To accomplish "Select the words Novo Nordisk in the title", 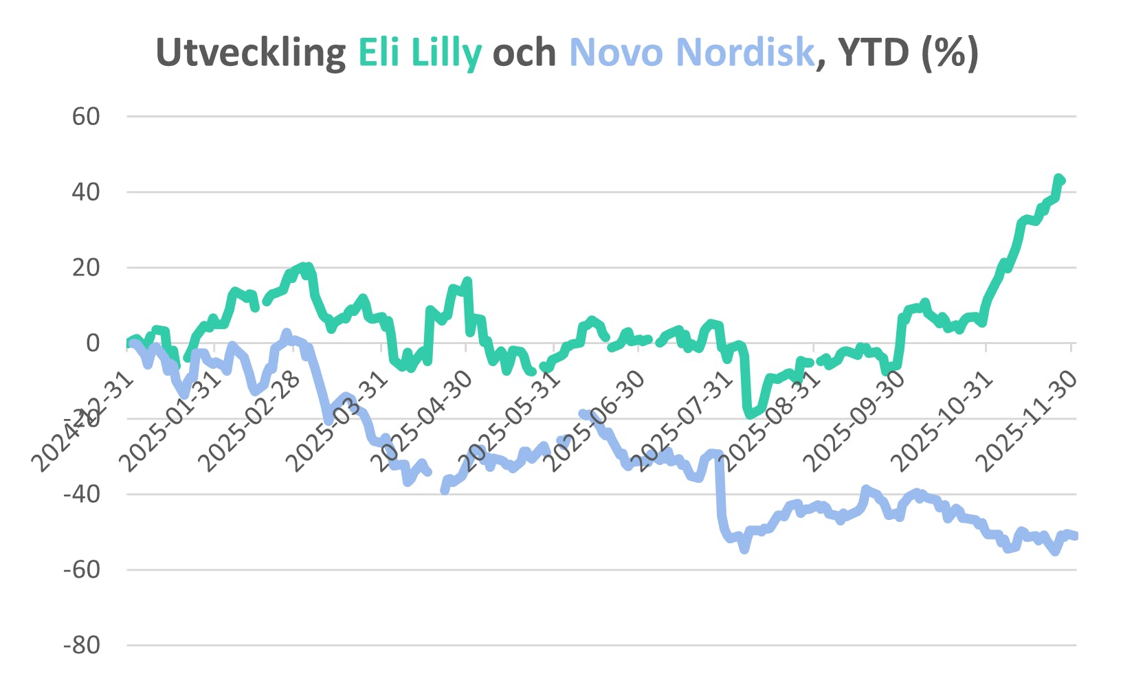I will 691,52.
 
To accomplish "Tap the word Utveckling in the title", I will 251,52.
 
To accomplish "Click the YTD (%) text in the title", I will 908,52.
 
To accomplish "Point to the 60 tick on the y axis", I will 86,117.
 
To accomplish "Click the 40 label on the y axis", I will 86,192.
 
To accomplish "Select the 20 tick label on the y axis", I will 86,268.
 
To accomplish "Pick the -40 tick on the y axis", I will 81,495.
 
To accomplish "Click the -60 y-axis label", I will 81,570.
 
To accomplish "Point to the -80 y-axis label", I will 81,646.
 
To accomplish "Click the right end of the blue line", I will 1074,536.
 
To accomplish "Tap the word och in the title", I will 524,52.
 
